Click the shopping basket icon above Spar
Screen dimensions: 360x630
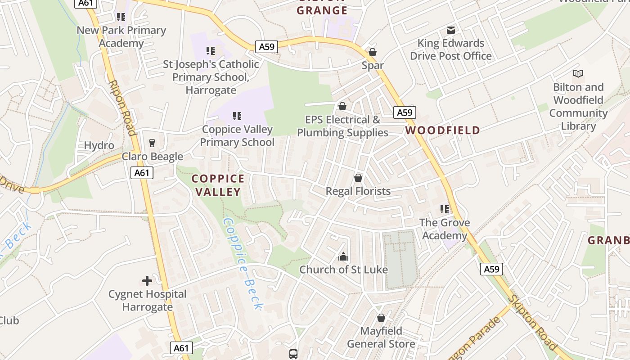pyautogui.click(x=372, y=52)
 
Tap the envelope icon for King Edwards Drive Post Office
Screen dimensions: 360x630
pyautogui.click(x=450, y=30)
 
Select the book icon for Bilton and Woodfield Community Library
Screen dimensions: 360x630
pyautogui.click(x=578, y=73)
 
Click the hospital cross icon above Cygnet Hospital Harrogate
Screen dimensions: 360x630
pyautogui.click(x=147, y=281)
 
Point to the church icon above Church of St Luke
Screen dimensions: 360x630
pyautogui.click(x=343, y=256)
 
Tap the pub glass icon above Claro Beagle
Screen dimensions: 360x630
pyautogui.click(x=152, y=143)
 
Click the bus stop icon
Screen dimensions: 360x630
pyautogui.click(x=293, y=354)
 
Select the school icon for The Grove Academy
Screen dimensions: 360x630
pyautogui.click(x=445, y=209)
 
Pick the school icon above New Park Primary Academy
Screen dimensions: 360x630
pyautogui.click(x=121, y=17)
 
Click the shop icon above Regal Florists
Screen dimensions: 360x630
pyautogui.click(x=358, y=178)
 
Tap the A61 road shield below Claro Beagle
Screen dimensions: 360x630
pyautogui.click(x=142, y=173)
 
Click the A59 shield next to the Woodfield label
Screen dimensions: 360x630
pyautogui.click(x=405, y=112)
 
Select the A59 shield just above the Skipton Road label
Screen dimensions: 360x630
pyautogui.click(x=491, y=269)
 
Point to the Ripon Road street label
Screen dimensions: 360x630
pyautogui.click(x=122, y=108)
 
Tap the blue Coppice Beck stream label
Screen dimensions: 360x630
pyautogui.click(x=243, y=264)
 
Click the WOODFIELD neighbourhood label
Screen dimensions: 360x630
pyautogui.click(x=442, y=130)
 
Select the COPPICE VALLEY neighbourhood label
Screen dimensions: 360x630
pyautogui.click(x=218, y=185)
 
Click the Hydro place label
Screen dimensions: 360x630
pyautogui.click(x=99, y=145)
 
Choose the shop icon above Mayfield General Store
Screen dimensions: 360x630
pyautogui.click(x=381, y=318)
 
